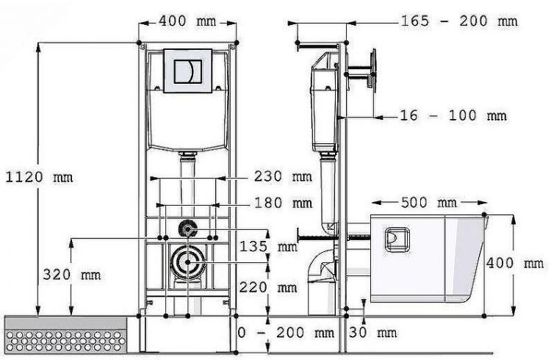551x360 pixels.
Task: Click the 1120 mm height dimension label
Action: [40, 177]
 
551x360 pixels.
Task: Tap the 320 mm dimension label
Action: [72, 274]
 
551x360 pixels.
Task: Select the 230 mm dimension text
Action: [284, 176]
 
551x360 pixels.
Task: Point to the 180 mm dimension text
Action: [284, 203]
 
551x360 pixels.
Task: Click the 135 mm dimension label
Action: [268, 246]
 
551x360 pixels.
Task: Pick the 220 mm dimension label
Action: [268, 287]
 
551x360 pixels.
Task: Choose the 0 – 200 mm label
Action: [286, 332]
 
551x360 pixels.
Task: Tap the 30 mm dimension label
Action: [372, 332]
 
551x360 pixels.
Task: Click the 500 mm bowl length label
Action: [429, 203]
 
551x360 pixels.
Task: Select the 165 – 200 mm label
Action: [459, 21]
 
